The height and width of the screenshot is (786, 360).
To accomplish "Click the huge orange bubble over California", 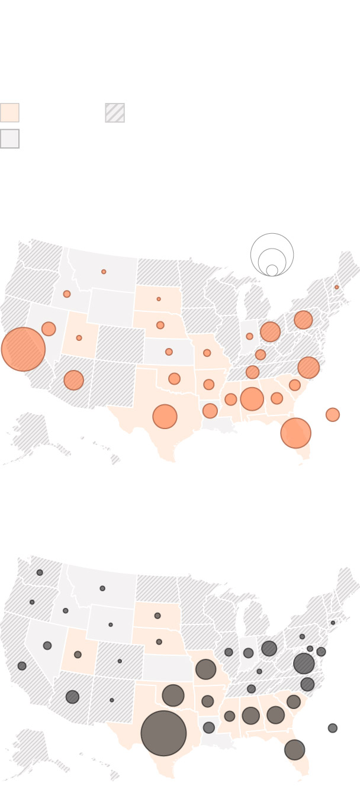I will pos(23,349).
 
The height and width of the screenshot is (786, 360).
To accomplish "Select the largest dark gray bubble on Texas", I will pos(163,733).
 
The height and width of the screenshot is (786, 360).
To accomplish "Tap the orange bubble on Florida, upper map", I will pos(295,433).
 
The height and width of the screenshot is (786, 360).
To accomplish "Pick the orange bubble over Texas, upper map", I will pos(165,417).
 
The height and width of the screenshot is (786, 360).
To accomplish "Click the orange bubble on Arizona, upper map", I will pos(73,380).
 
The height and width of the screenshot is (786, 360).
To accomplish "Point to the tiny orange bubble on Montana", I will pos(104,272).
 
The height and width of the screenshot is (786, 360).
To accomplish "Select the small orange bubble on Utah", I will pos(79,338).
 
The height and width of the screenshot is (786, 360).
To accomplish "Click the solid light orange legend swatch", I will pos(9,112).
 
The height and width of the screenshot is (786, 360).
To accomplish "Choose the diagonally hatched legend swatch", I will pos(115,112).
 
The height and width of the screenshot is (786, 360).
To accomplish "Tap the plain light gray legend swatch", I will pos(9,138).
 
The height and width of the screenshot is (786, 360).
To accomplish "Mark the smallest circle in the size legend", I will pos(272,270).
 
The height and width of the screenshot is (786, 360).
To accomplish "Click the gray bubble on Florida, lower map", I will pos(294,750).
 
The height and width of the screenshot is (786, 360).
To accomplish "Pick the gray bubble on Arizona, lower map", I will pos(72,697).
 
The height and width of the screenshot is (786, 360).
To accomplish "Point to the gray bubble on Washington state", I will pos(40,572).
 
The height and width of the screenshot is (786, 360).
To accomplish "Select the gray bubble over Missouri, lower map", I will pos(205,669).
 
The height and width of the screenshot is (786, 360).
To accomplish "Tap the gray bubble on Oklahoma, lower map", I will pos(173,695).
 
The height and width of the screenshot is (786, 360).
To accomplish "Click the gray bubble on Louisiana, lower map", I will pos(208,727).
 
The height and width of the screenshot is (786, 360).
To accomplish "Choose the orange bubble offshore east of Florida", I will pos(333,415).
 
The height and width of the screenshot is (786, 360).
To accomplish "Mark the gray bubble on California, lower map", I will pos(22,666).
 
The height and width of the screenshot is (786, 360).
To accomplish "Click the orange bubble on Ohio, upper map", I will pos(270,332).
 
